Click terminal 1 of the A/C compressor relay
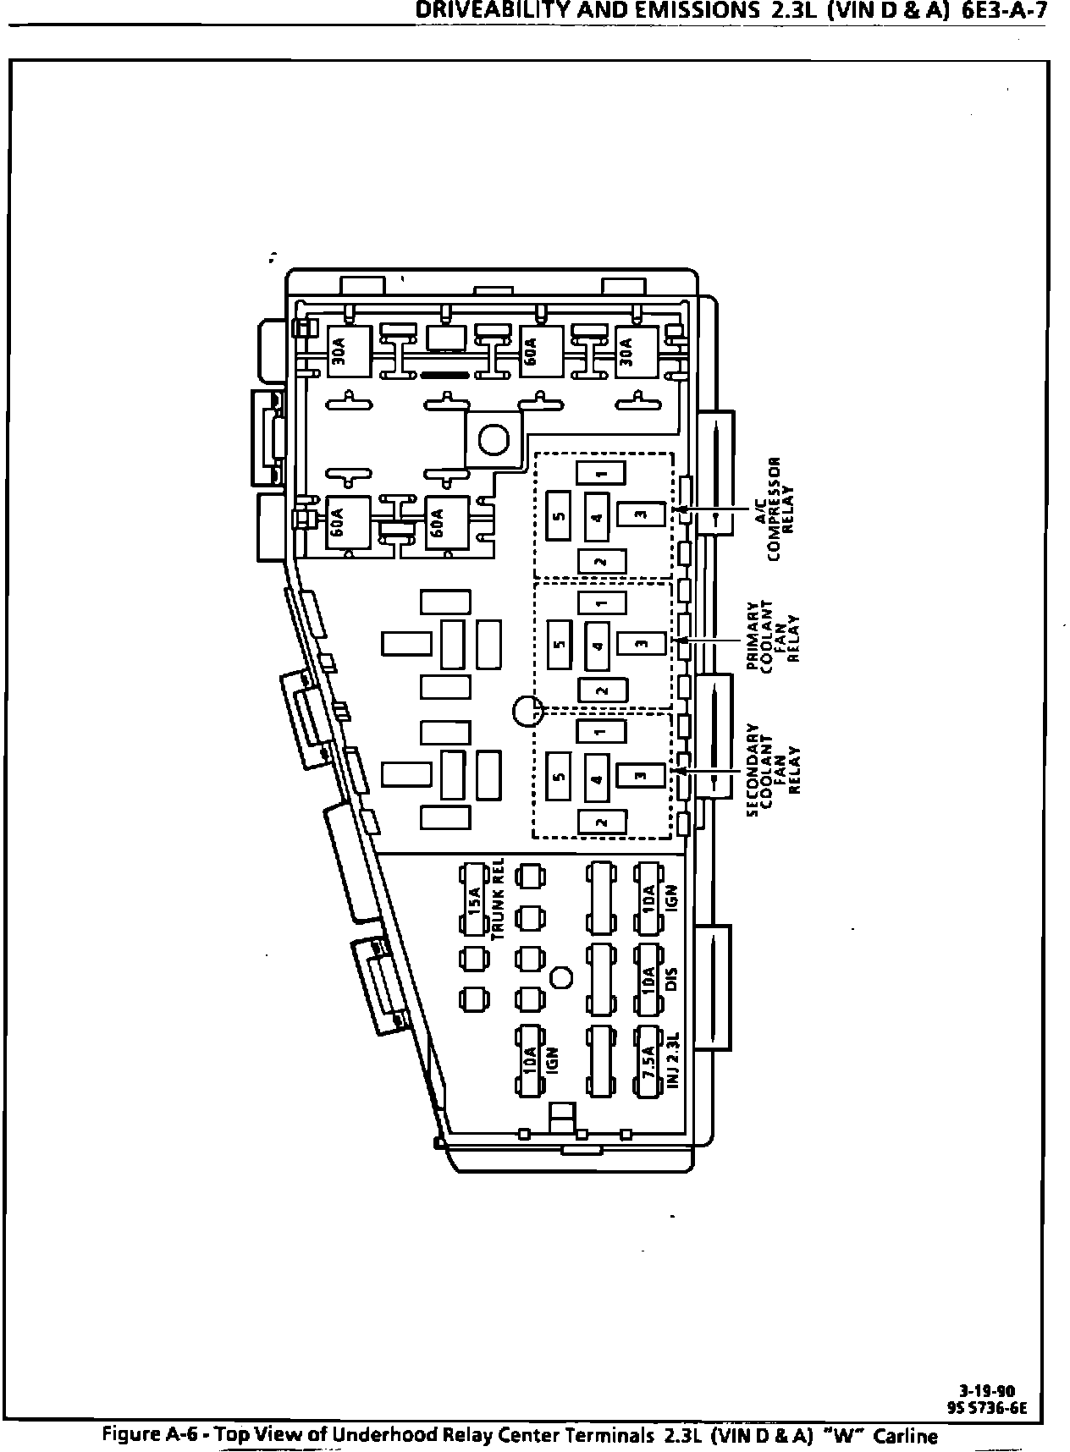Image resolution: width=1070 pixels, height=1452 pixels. point(601,472)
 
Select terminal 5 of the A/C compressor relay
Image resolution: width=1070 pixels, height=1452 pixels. point(560,516)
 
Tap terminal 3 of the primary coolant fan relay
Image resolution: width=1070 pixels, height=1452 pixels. point(641,644)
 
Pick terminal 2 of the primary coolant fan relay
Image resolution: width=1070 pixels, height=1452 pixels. point(602,690)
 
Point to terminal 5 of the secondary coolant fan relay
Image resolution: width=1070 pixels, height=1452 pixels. point(560,776)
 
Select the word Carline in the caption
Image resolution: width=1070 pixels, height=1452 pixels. point(906,1435)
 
